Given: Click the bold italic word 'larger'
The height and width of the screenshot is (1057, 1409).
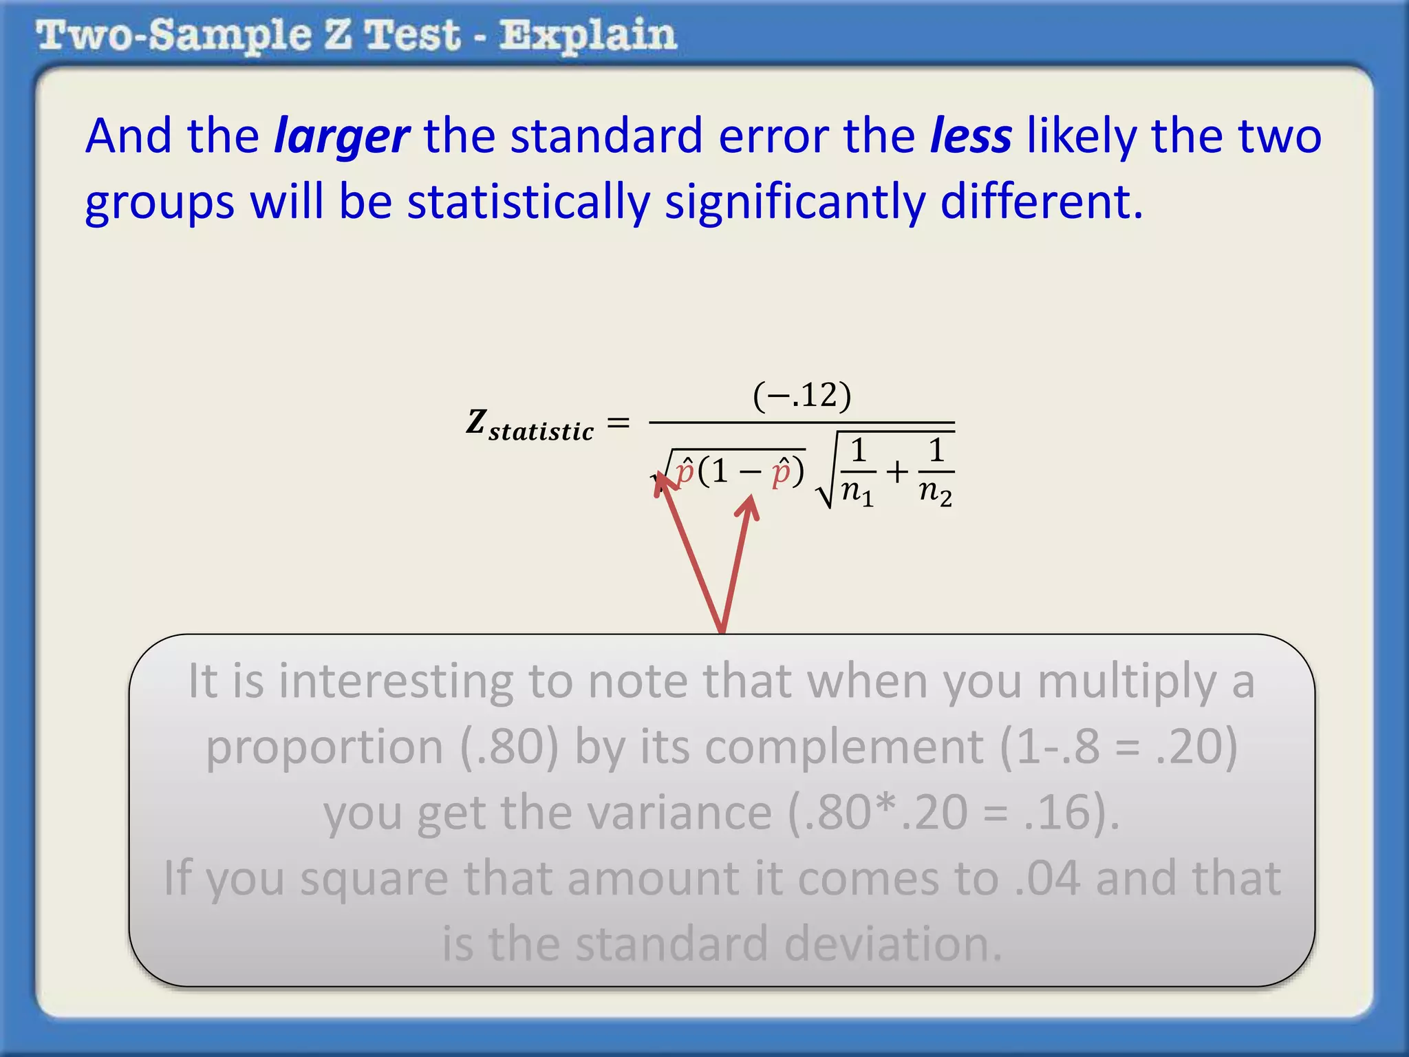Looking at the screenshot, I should [342, 137].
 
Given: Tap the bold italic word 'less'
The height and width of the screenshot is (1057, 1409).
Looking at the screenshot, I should [971, 136].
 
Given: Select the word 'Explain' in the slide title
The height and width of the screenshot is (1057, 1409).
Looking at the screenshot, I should [588, 36].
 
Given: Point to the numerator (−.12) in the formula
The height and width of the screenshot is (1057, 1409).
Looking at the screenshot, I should [802, 396].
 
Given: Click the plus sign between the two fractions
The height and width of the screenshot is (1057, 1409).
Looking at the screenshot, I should [897, 472].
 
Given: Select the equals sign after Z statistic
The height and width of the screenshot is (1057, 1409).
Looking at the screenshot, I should [619, 422].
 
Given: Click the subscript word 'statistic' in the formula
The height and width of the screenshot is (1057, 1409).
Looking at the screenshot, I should [541, 431].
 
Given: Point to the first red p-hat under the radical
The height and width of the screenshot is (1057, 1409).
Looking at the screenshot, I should [685, 472].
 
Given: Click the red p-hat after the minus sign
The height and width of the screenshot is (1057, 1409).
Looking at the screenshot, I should [780, 472].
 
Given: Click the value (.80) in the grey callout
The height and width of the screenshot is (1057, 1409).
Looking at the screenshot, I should [509, 747].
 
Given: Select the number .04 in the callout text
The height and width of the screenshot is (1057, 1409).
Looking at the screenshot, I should [1047, 878].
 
